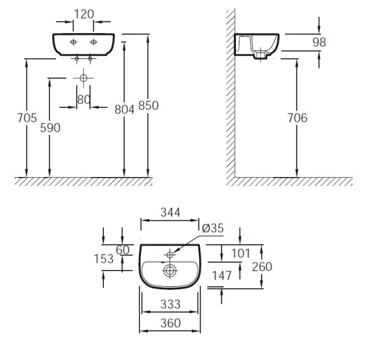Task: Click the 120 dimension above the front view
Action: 83,13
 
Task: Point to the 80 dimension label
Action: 83,100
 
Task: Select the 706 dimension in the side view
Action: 297,118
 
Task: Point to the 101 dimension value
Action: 240,253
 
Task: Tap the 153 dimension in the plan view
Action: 104,259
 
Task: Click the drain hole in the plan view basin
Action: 170,271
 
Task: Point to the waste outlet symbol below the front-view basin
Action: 83,78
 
